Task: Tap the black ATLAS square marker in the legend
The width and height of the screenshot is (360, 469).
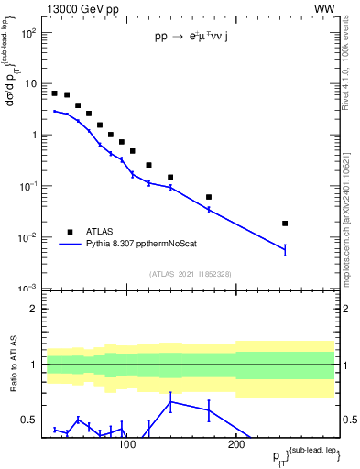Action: [x=68, y=232]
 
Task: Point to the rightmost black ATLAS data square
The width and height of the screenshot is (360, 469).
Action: [x=285, y=224]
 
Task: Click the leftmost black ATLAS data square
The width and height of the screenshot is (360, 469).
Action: [x=55, y=93]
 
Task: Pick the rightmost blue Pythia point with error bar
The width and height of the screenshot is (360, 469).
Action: [x=285, y=249]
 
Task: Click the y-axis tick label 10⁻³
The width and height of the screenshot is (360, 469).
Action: [x=28, y=288]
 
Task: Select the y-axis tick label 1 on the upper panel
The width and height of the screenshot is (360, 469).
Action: [x=33, y=135]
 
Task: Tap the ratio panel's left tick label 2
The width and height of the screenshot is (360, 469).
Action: [x=33, y=309]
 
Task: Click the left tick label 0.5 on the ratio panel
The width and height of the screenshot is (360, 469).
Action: [x=29, y=420]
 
